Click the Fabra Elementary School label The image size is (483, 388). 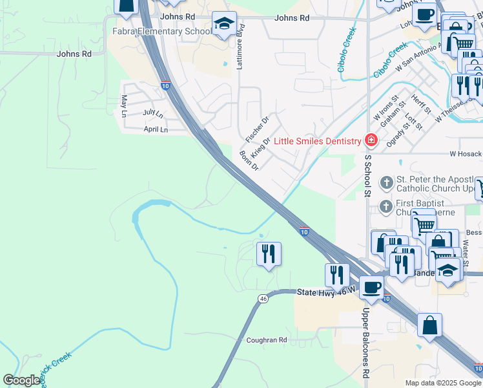(161, 31)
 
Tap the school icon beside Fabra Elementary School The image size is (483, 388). (224, 25)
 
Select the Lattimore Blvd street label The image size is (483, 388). (241, 46)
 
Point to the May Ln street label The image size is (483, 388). (124, 105)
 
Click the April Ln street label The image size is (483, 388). (156, 129)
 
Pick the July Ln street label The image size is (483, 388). (153, 113)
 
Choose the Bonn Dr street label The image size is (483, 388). (249, 161)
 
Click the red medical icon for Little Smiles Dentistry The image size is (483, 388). (371, 140)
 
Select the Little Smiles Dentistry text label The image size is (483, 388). (317, 141)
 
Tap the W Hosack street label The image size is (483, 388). (466, 154)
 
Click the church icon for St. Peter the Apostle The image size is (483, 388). (386, 183)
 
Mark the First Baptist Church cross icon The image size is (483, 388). (386, 206)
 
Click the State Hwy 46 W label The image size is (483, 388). (325, 292)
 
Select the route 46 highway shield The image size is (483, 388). (262, 299)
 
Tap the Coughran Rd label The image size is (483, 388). (266, 339)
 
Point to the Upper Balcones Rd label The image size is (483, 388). (365, 343)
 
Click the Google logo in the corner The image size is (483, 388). (21, 380)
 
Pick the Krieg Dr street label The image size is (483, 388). (261, 147)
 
